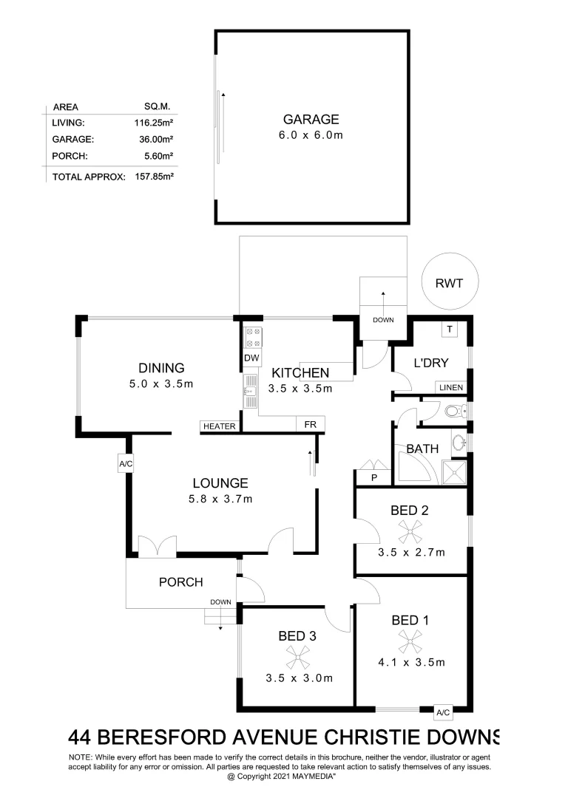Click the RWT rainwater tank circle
[450, 282]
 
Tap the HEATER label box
[219, 426]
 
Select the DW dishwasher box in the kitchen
[251, 358]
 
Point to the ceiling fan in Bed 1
[410, 641]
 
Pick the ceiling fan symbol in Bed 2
[410, 530]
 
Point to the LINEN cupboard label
[451, 388]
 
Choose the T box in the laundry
[449, 329]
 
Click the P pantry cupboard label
[373, 478]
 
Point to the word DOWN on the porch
[220, 602]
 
